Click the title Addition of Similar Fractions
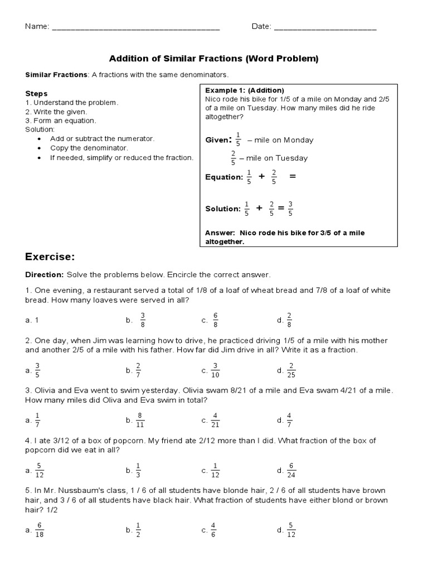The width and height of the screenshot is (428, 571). [x=213, y=58]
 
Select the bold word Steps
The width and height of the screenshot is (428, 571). [x=36, y=94]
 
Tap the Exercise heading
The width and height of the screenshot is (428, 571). [x=50, y=257]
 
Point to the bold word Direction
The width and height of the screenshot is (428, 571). [x=45, y=275]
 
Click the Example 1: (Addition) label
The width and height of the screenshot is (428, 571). [x=245, y=90]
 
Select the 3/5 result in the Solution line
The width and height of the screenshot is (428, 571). [x=290, y=209]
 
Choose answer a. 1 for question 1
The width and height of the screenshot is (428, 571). [x=32, y=320]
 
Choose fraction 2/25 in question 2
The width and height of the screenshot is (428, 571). [x=290, y=370]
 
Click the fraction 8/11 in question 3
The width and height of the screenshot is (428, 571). [x=141, y=420]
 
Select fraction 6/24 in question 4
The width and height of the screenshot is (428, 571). [x=290, y=470]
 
